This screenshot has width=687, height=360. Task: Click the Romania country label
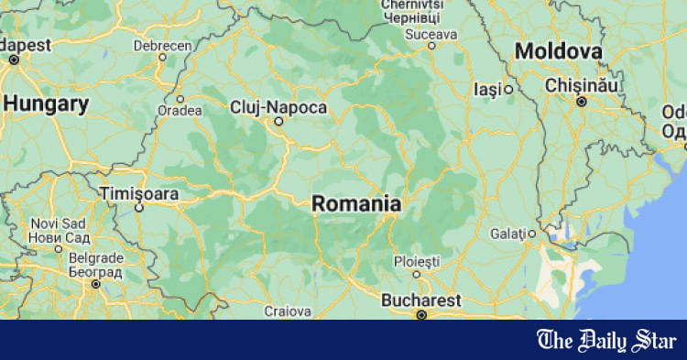[x=356, y=203]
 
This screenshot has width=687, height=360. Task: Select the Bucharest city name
[x=420, y=300]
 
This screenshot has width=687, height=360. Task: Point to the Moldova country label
[x=559, y=50]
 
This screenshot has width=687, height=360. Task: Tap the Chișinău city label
[x=583, y=84]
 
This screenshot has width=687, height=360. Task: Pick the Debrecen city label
[x=162, y=45]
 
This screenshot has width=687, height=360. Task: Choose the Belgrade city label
[x=95, y=264]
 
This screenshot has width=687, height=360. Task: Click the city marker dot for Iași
[x=508, y=90]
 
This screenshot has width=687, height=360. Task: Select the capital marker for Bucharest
[x=421, y=314]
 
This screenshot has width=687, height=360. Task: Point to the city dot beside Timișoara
[x=139, y=207]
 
